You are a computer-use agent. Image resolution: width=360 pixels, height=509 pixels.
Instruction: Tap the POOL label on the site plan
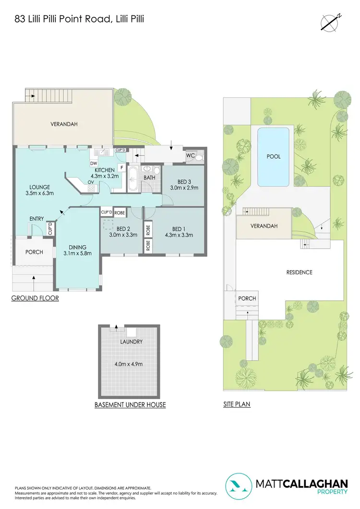(x=274, y=156)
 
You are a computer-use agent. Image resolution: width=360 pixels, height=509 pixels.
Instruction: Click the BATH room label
(x=148, y=178)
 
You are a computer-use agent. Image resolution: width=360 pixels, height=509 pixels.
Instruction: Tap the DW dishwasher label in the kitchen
(x=94, y=163)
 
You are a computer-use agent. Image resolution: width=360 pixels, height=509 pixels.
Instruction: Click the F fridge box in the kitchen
(x=121, y=167)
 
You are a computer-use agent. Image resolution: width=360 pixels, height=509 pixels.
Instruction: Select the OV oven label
(x=90, y=182)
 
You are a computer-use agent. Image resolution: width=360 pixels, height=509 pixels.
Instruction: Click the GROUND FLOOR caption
(x=35, y=298)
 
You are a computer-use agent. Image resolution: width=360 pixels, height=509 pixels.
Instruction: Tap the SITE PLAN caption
(x=237, y=404)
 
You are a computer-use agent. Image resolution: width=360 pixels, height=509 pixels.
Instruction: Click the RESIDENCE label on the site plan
(x=299, y=272)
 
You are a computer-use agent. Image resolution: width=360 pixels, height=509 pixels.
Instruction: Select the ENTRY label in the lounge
(x=36, y=219)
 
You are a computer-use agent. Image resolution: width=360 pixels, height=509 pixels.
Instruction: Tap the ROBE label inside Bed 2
(x=120, y=212)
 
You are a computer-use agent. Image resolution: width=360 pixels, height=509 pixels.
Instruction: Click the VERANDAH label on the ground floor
(x=64, y=124)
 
